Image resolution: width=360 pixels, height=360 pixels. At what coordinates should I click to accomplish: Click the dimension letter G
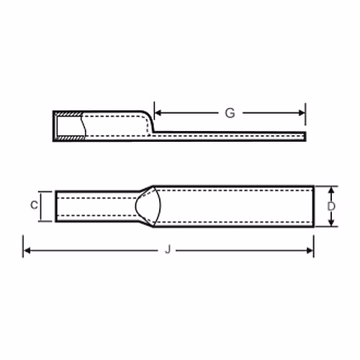click(230, 113)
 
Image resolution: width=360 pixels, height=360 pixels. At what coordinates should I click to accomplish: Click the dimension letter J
click(168, 249)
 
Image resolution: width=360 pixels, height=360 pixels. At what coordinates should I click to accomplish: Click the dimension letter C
click(34, 205)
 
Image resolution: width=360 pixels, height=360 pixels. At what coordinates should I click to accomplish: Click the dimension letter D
click(331, 206)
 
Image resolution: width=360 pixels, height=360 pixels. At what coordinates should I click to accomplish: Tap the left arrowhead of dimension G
click(158, 112)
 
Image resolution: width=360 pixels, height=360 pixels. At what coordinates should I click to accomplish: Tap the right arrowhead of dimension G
click(302, 113)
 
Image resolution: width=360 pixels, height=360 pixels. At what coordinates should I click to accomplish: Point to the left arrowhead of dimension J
click(27, 251)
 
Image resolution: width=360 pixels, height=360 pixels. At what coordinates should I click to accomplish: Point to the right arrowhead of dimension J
click(310, 251)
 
